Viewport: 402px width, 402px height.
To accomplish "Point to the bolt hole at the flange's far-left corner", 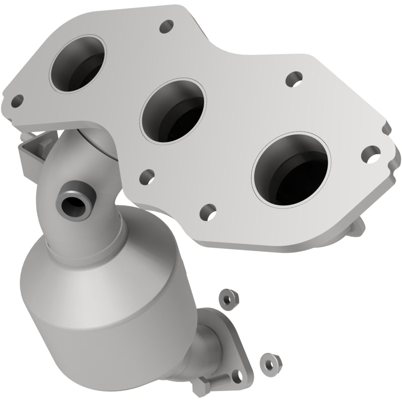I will tap(18, 100).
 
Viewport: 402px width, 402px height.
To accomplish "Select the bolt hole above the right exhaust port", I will tap(292, 79).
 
